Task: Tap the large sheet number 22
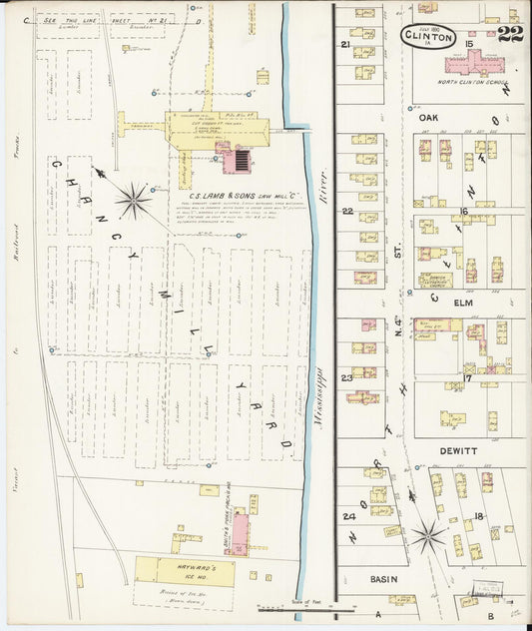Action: tap(509, 37)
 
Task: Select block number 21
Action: tap(345, 45)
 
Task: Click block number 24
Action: tap(348, 516)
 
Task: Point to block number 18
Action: tap(479, 515)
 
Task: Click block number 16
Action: tap(463, 211)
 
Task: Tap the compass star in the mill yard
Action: tap(133, 201)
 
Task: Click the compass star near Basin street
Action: tap(429, 536)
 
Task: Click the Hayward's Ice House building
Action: tap(185, 571)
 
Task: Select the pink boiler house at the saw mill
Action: tap(240, 158)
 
